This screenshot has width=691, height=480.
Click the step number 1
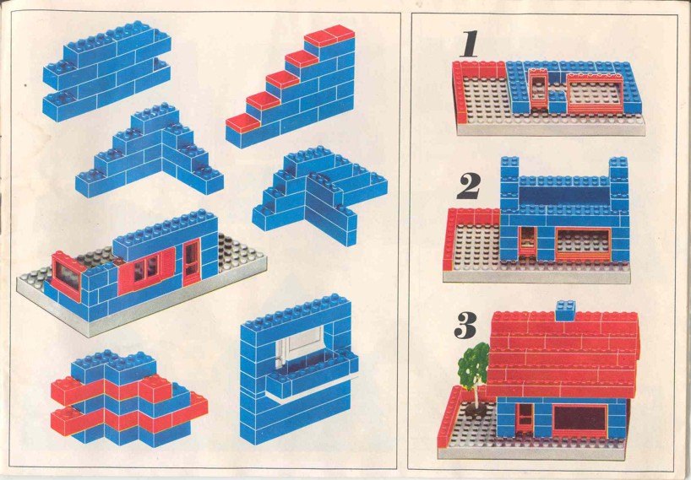(470, 44)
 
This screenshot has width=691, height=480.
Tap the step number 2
(469, 186)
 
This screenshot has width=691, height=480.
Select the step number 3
(465, 325)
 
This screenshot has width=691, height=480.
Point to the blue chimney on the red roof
(565, 310)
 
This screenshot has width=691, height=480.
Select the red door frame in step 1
(537, 90)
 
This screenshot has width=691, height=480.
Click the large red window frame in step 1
(596, 94)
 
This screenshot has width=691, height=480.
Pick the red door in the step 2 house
(527, 241)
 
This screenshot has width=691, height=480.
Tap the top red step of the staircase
(329, 35)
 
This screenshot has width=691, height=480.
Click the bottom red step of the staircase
(242, 123)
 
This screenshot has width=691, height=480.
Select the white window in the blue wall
(300, 347)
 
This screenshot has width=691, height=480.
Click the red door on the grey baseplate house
(192, 262)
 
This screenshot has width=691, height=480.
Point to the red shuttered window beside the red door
(146, 272)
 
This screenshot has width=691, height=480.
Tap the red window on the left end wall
(68, 277)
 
